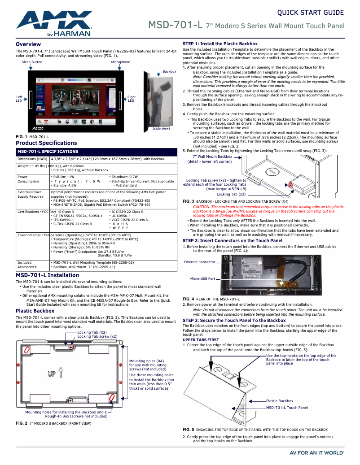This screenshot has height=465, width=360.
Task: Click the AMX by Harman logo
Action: pos(54,23)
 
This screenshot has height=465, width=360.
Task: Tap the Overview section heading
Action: pos(28,44)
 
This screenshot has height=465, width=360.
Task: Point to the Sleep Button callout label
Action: pos(32,62)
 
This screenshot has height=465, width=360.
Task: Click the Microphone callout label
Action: pos(120,62)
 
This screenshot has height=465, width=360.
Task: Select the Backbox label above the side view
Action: pos(169,71)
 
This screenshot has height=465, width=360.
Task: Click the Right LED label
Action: pos(131,99)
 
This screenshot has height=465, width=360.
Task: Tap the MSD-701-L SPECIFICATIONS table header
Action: pos(48,152)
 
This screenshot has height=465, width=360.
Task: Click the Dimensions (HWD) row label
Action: pos(32,159)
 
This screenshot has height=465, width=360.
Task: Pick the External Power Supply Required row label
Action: pos(31,194)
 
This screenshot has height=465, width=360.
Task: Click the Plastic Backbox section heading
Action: pos(35,311)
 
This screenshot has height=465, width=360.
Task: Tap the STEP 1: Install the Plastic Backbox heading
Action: pos(220,44)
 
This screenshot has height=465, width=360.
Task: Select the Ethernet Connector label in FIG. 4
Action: pos(199,262)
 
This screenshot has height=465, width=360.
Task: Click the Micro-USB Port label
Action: pos(202,278)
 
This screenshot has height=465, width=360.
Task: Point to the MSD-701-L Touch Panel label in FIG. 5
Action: pos(287,408)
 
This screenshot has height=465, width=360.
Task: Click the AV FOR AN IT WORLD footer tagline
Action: pos(317,453)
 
